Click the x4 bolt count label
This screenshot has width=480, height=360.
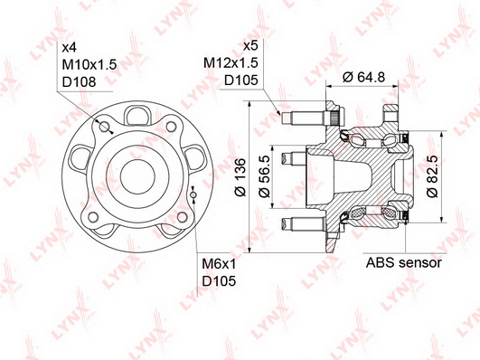click(x=70, y=48)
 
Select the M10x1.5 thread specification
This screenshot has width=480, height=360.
click(x=89, y=64)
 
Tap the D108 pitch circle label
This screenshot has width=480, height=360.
click(x=79, y=81)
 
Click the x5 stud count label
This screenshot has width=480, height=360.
click(x=250, y=46)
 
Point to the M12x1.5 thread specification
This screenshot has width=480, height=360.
click(x=231, y=62)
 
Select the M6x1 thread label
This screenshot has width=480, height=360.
click(x=219, y=264)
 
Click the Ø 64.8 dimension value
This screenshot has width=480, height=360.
click(x=364, y=77)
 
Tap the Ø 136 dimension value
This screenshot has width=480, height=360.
click(x=240, y=176)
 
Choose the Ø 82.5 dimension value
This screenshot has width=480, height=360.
click(x=433, y=176)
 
